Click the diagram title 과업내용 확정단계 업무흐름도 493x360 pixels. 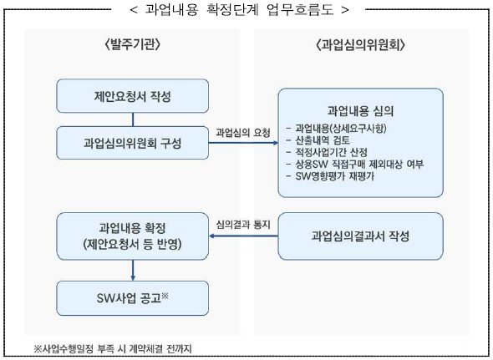[x=239, y=9]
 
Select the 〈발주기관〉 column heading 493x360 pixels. [x=132, y=44]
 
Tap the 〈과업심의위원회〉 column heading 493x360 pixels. [x=360, y=45]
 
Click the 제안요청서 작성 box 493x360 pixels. [x=132, y=96]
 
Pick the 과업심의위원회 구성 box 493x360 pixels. [x=132, y=143]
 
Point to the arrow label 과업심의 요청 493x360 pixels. [x=243, y=133]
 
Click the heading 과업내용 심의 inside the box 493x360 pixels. [x=360, y=110]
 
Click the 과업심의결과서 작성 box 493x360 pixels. [x=360, y=236]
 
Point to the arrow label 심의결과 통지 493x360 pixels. [x=243, y=225]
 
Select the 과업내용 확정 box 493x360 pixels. [x=132, y=236]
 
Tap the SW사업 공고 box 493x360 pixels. [x=132, y=298]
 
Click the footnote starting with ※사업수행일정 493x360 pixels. [x=113, y=348]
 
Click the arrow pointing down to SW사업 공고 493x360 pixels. [x=133, y=271]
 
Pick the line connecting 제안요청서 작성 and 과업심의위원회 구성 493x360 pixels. [x=133, y=119]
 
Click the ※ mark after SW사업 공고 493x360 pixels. [x=165, y=296]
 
